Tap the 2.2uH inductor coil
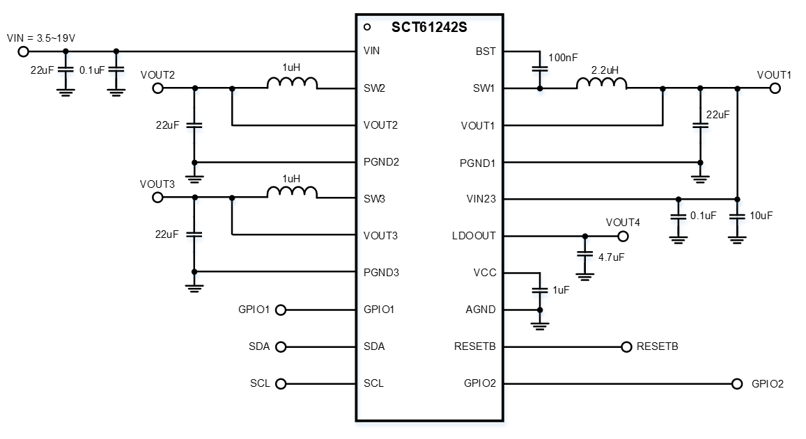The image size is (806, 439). pyautogui.click(x=601, y=83)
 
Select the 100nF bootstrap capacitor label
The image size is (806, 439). pyautogui.click(x=563, y=58)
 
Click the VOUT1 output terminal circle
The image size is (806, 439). pyautogui.click(x=775, y=88)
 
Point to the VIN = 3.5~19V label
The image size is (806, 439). pyautogui.click(x=40, y=38)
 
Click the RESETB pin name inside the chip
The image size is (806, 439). pyautogui.click(x=475, y=346)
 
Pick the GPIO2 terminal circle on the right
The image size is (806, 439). pyautogui.click(x=736, y=383)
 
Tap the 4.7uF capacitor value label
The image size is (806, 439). pyautogui.click(x=612, y=257)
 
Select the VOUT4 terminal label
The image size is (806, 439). pyautogui.click(x=622, y=223)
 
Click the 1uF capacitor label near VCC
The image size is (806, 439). pyautogui.click(x=560, y=289)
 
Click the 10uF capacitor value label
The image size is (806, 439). pyautogui.click(x=759, y=216)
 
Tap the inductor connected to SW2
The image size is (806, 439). pyautogui.click(x=292, y=83)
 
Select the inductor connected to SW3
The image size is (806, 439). pyautogui.click(x=292, y=193)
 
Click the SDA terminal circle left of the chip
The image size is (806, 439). pyautogui.click(x=281, y=346)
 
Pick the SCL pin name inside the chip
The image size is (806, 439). pyautogui.click(x=373, y=383)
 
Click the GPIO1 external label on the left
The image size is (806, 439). pyautogui.click(x=254, y=310)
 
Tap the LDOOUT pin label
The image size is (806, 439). pyautogui.click(x=474, y=235)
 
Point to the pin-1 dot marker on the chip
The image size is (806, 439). pyautogui.click(x=367, y=28)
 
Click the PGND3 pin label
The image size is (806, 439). pyautogui.click(x=381, y=272)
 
